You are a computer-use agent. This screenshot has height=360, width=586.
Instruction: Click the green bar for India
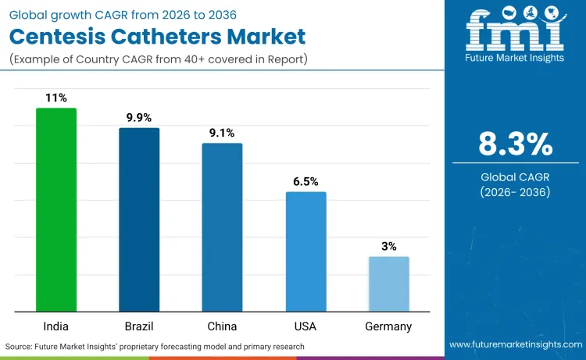(x=56, y=209)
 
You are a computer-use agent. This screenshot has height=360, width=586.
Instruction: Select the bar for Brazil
(x=139, y=219)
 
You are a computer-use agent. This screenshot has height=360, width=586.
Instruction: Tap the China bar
(x=222, y=227)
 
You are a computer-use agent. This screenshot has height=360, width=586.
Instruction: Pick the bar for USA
(x=306, y=251)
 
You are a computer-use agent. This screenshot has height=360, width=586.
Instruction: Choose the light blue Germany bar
(x=388, y=283)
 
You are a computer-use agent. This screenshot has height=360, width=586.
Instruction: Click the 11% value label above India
(x=56, y=98)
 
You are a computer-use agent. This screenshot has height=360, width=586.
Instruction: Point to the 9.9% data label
(x=139, y=117)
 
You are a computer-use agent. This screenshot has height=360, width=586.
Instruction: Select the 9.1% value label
(x=222, y=133)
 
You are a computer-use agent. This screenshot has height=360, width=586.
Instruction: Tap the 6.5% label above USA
(x=306, y=181)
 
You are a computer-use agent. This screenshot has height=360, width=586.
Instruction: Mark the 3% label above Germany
(x=388, y=246)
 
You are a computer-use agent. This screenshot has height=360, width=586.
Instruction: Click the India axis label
(x=56, y=326)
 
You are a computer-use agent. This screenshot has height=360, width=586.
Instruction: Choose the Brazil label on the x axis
(x=139, y=326)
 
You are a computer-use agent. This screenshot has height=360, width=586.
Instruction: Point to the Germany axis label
(x=388, y=326)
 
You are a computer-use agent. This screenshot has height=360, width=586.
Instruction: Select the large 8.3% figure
(x=515, y=144)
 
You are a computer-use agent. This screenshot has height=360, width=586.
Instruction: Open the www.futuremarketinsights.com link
(x=515, y=344)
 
